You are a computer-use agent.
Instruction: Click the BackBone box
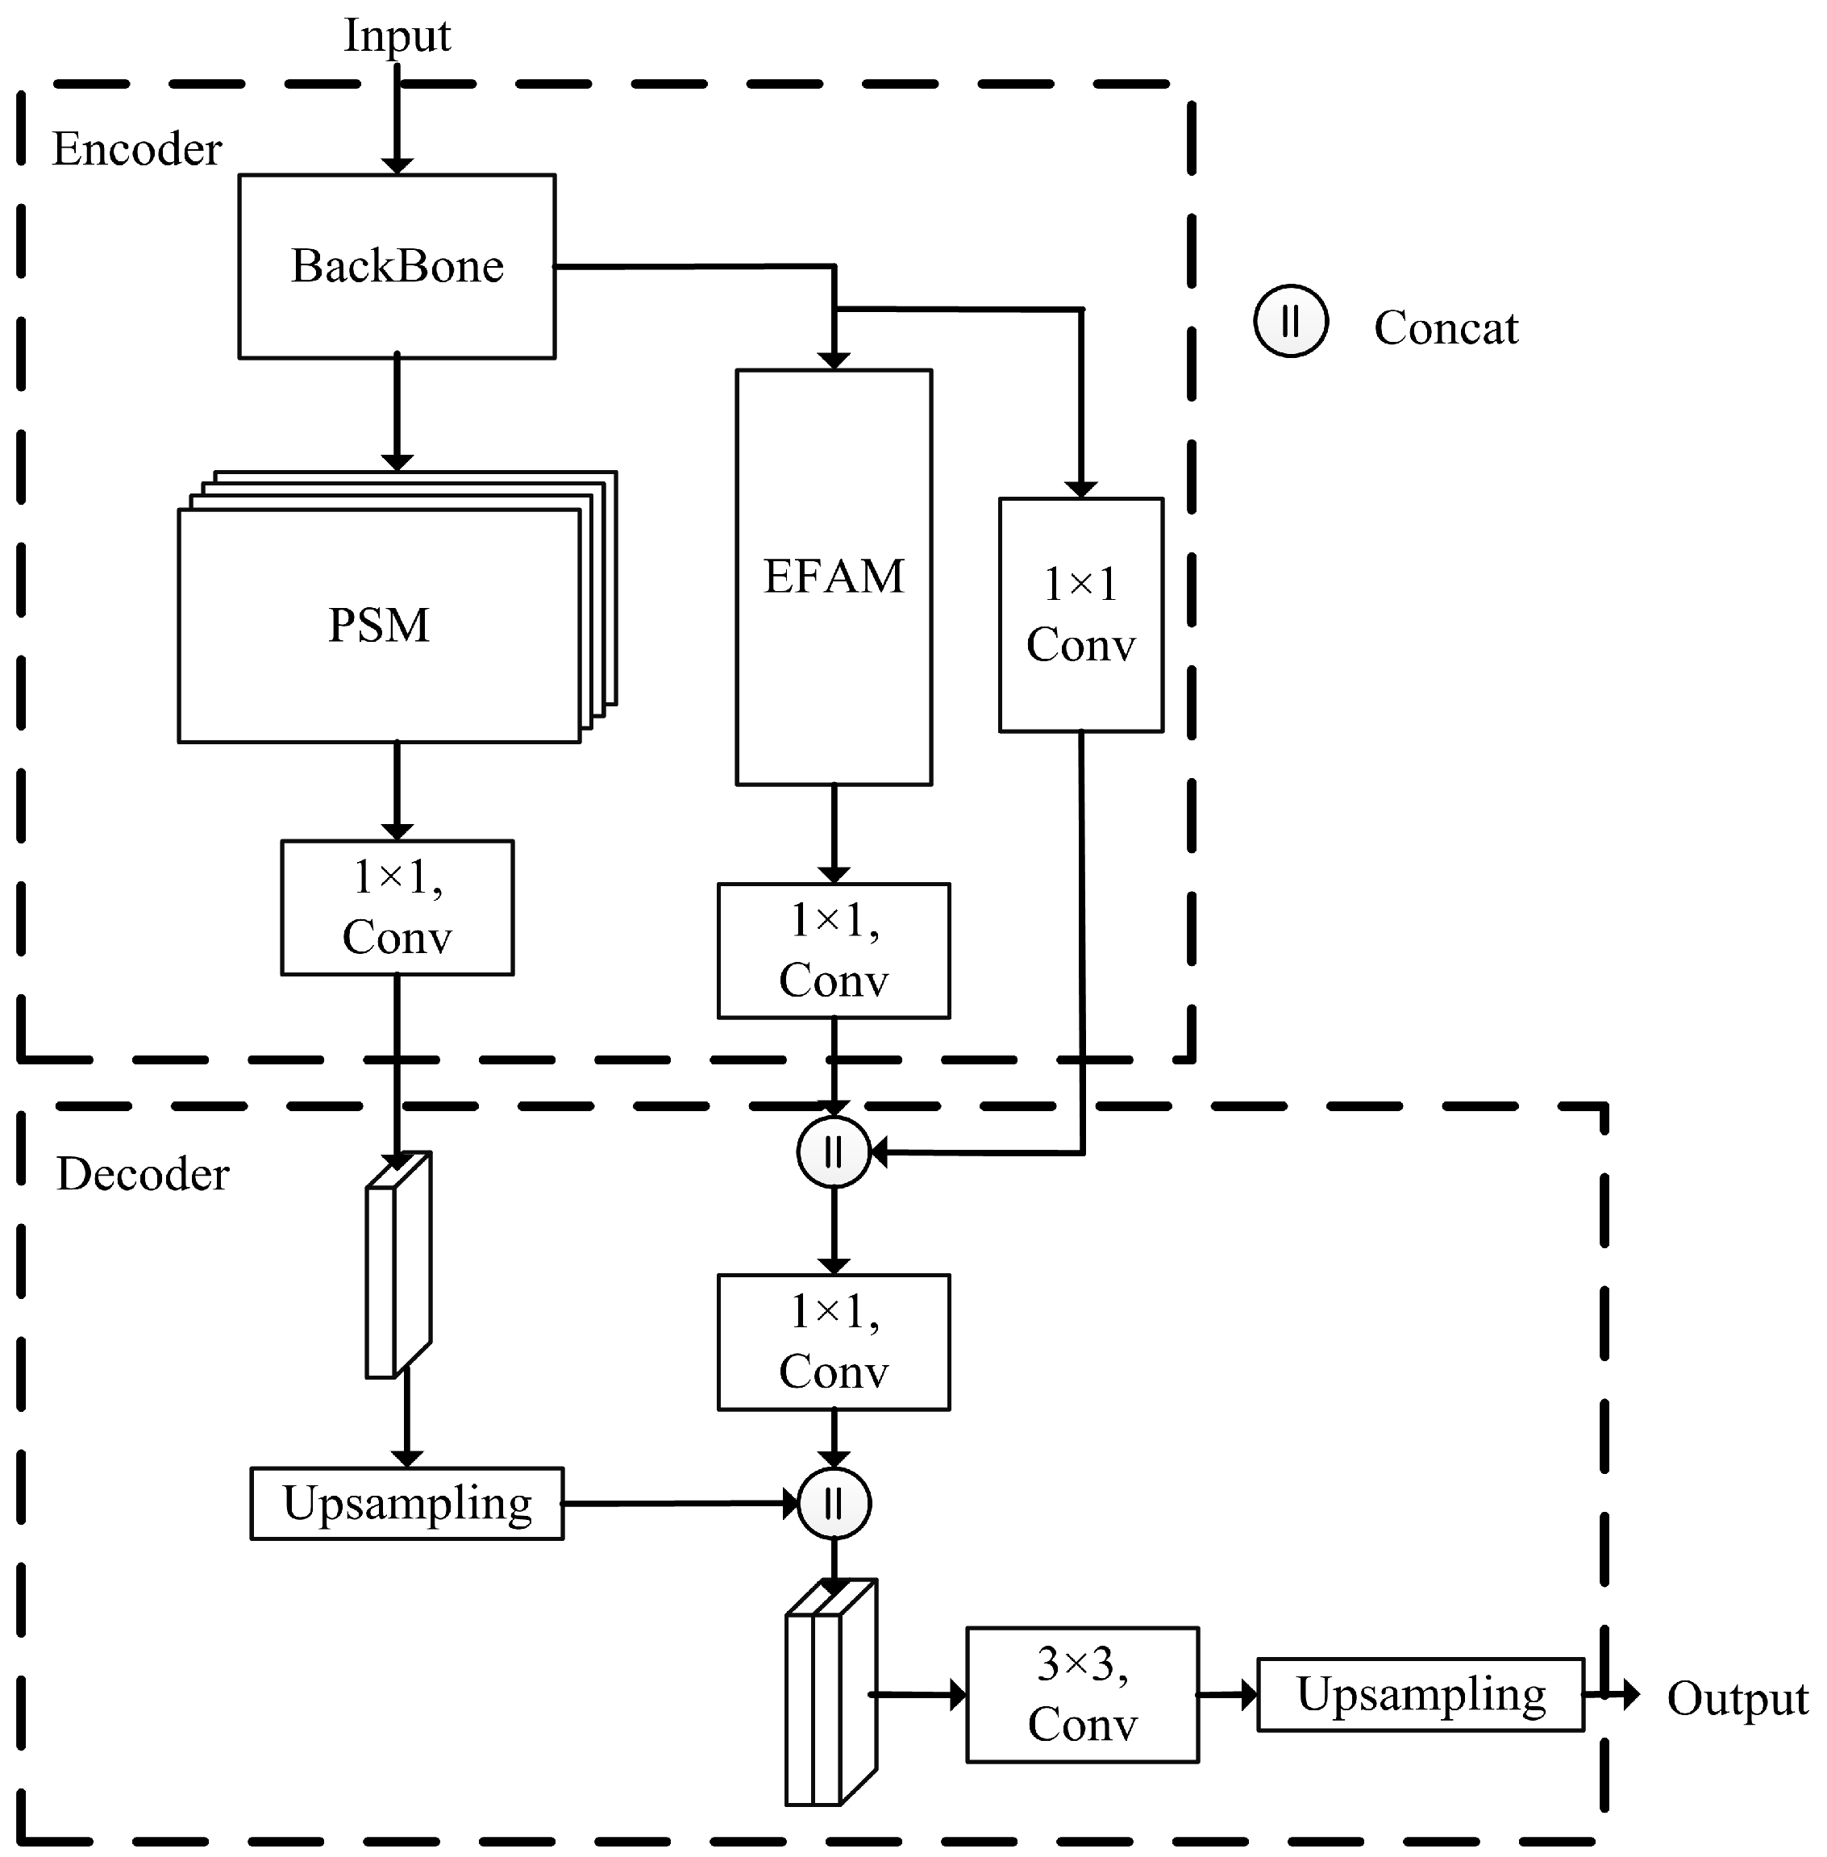pyautogui.click(x=397, y=266)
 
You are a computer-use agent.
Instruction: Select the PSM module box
pyautogui.click(x=379, y=625)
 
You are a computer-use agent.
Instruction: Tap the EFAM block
pyautogui.click(x=833, y=577)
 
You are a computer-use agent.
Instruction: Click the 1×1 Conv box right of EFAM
pyautogui.click(x=1080, y=614)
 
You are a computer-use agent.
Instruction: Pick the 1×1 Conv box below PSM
pyautogui.click(x=397, y=907)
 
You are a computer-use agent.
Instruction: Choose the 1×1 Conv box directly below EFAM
pyautogui.click(x=833, y=950)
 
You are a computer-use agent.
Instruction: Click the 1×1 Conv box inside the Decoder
pyautogui.click(x=833, y=1342)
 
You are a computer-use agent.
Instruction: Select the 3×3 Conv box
pyautogui.click(x=1081, y=1695)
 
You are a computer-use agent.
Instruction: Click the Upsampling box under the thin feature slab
pyautogui.click(x=407, y=1503)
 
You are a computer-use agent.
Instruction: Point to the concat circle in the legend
pyautogui.click(x=1291, y=322)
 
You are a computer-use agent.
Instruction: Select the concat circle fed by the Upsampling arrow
pyautogui.click(x=834, y=1503)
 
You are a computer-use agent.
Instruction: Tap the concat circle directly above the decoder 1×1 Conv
pyautogui.click(x=833, y=1151)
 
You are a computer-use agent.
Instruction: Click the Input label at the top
pyautogui.click(x=397, y=35)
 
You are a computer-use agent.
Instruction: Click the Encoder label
pyautogui.click(x=136, y=148)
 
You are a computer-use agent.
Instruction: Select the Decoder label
pyautogui.click(x=142, y=1174)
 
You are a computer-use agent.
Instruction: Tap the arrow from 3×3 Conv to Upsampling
pyautogui.click(x=1227, y=1695)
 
